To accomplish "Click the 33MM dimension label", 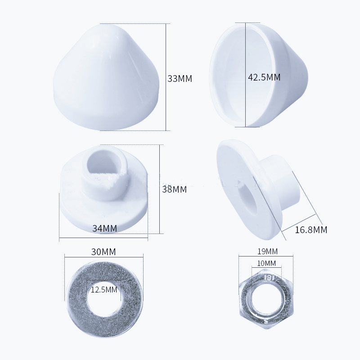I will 180,78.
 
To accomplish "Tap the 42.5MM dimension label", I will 264,77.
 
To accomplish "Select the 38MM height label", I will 174,189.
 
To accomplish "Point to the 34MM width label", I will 104,228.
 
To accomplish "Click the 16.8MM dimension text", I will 311,230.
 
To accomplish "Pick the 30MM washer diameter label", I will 103,252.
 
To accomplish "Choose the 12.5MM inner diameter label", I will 104,290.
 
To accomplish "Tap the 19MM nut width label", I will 265,251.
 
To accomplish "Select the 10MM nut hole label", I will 265,263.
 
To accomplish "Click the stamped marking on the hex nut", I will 268,278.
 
